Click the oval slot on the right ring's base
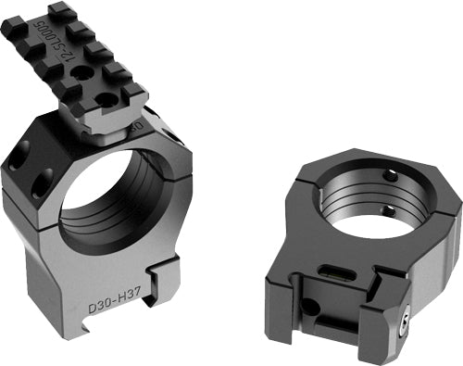pyautogui.click(x=332, y=268)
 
